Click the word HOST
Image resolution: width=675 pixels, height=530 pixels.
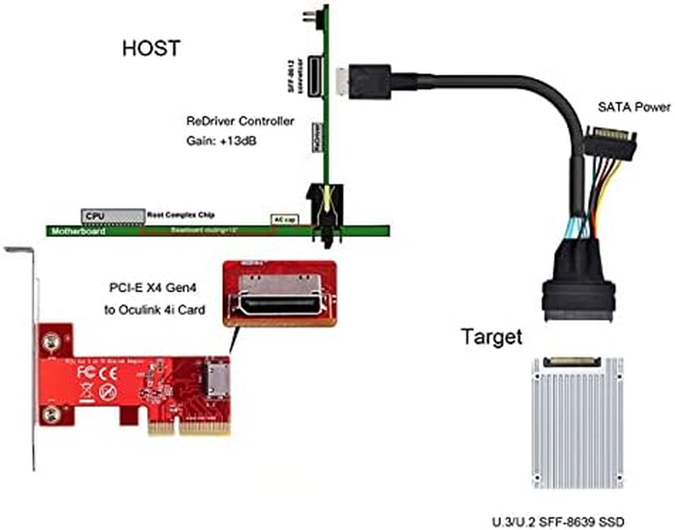151,48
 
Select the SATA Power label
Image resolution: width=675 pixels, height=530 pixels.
634,107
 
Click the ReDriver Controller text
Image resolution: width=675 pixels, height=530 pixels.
241,122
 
